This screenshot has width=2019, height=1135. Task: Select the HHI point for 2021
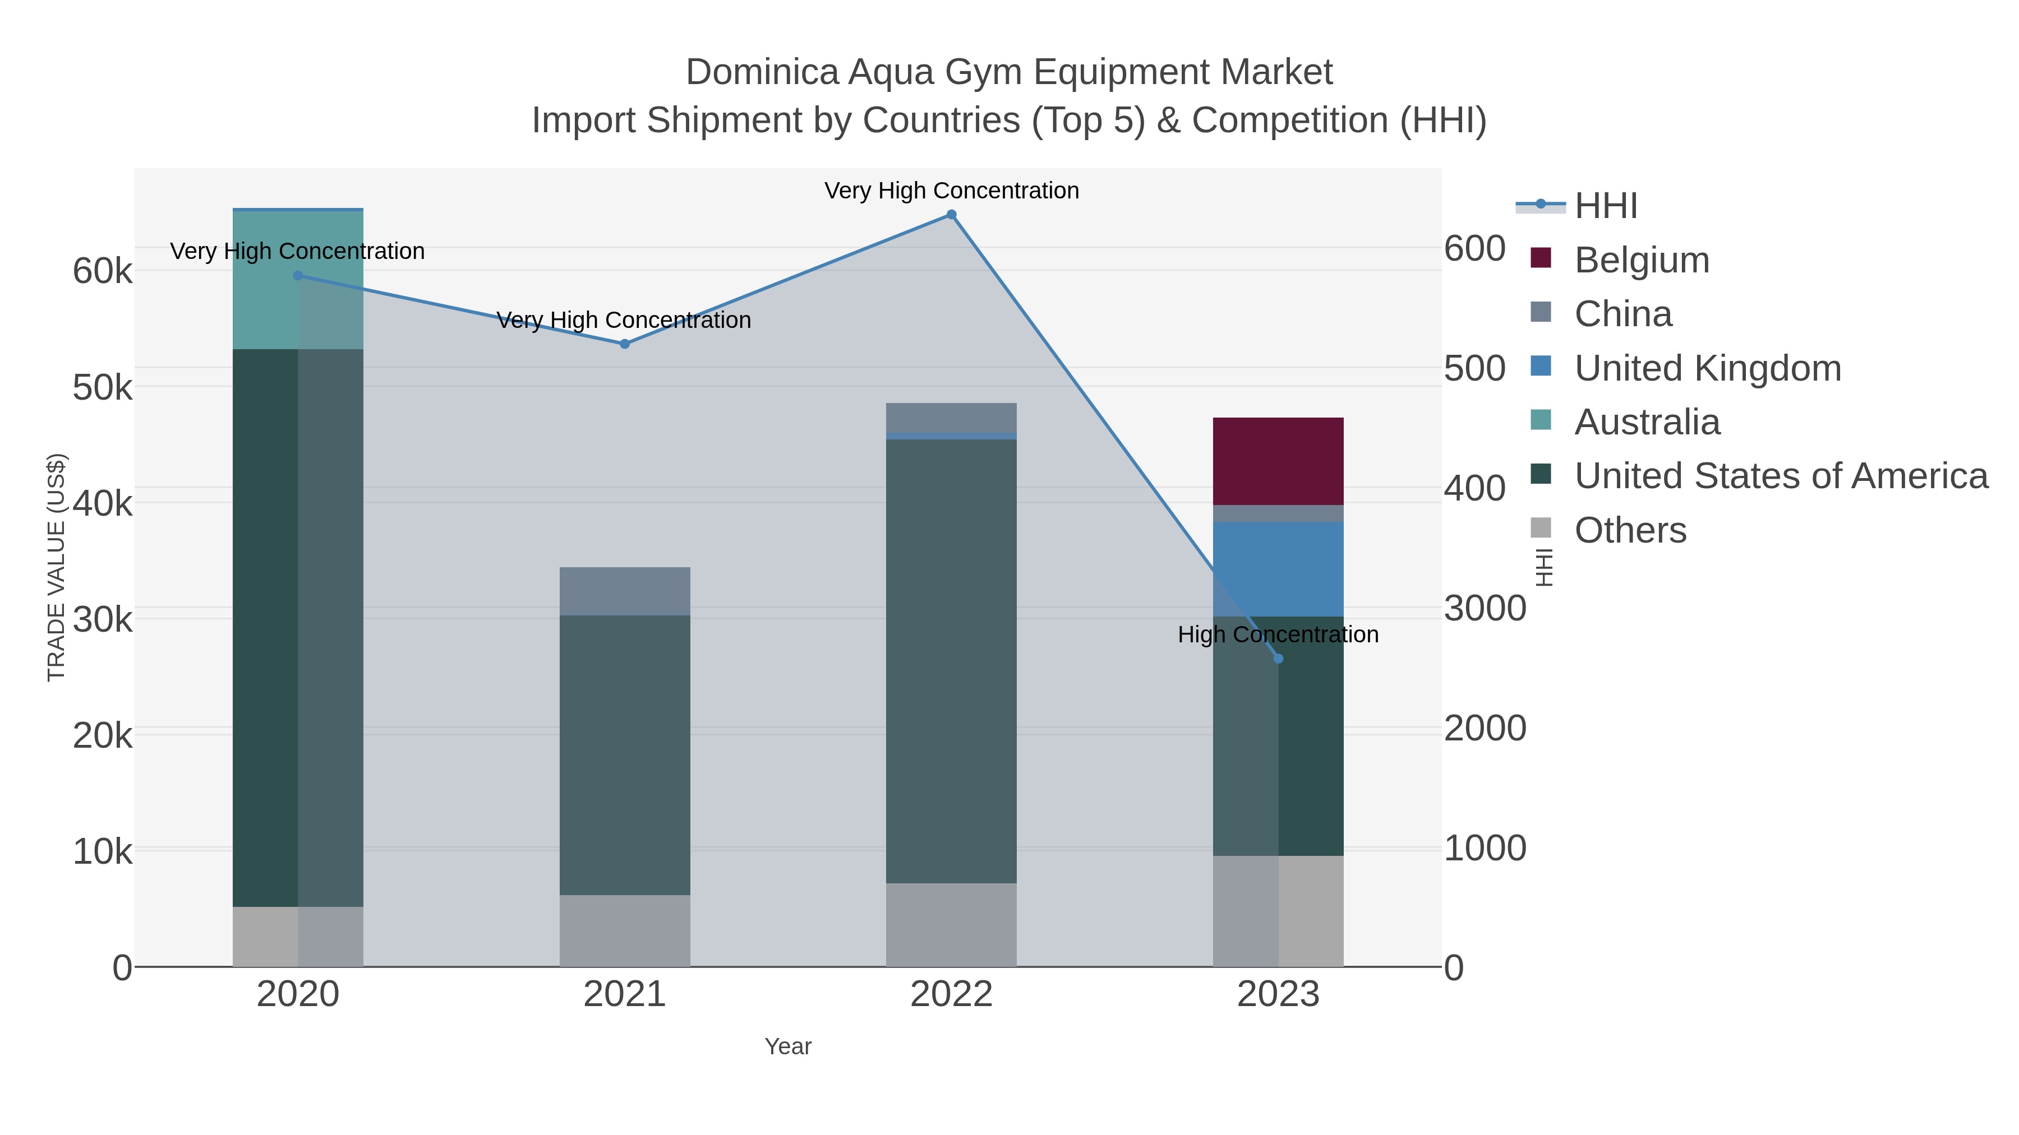[625, 344]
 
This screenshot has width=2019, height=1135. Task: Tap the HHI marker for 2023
[1278, 659]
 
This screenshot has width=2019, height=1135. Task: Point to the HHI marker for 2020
[298, 276]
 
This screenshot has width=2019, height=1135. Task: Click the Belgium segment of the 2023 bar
[1278, 461]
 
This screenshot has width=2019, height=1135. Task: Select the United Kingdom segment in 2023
[1278, 569]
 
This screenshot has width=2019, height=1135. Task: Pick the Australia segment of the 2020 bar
[298, 280]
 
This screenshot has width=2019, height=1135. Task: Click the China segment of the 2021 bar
[625, 591]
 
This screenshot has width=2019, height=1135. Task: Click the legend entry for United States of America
[1781, 476]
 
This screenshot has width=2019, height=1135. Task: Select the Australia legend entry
[1647, 422]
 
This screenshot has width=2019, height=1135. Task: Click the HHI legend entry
[1605, 206]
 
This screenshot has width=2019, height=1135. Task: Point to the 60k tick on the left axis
[103, 272]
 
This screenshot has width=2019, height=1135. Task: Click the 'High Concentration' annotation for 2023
[1278, 634]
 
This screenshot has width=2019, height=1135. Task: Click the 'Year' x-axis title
[788, 1046]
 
